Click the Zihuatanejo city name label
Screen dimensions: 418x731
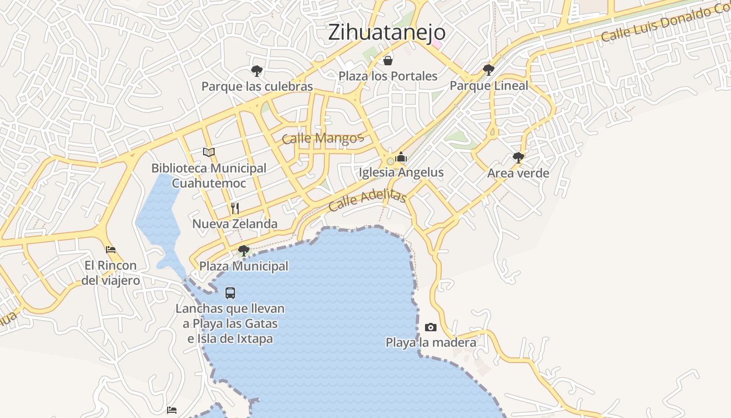point(387,32)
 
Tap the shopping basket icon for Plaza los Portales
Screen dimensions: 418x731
point(388,61)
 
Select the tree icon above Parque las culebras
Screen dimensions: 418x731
point(256,71)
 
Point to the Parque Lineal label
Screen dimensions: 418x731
point(489,86)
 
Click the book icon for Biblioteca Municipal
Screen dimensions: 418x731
point(209,152)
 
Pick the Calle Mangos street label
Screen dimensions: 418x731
point(322,138)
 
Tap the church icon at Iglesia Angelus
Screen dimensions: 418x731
point(401,157)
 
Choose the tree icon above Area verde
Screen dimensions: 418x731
point(518,157)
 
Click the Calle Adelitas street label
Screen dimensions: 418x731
point(368,200)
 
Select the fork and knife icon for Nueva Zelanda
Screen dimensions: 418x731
point(235,208)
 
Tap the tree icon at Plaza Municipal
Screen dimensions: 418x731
point(243,251)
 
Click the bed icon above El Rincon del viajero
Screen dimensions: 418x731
point(111,250)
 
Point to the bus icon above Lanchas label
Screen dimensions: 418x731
point(230,293)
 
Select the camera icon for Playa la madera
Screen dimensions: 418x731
point(431,328)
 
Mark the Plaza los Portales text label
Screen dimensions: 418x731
point(388,76)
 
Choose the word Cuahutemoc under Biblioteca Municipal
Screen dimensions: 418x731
point(209,183)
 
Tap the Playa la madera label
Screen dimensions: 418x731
point(431,343)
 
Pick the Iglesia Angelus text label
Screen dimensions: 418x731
point(401,172)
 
